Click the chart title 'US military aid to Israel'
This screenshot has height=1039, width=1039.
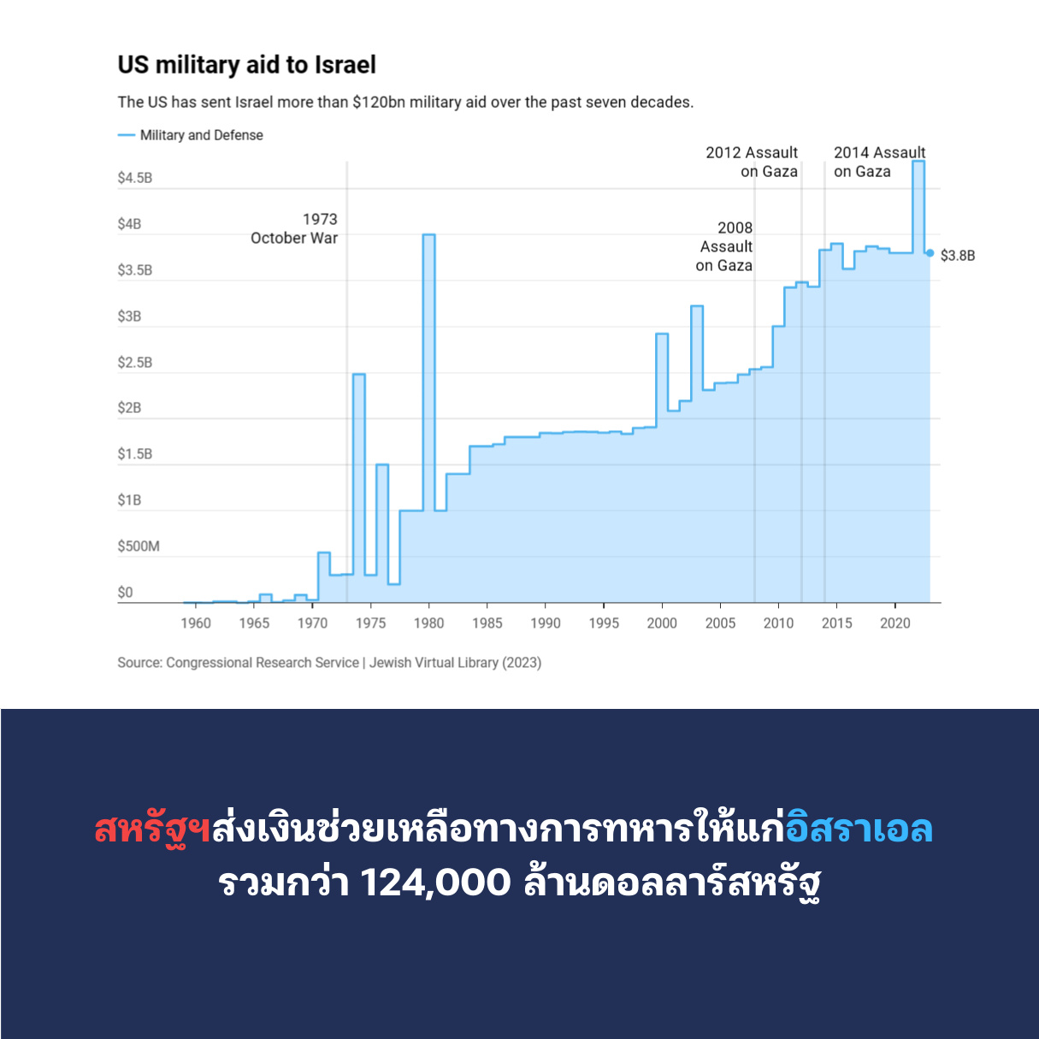[x=246, y=65]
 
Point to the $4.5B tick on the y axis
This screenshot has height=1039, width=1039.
[x=135, y=178]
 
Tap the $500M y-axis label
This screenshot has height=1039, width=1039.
[x=139, y=546]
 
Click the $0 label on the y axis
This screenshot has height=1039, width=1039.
[x=126, y=593]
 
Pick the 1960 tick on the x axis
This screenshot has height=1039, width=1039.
[x=196, y=623]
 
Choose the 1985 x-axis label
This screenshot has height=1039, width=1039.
[x=487, y=623]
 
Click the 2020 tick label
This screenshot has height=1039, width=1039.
[x=895, y=623]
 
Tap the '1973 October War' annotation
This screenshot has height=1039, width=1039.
[x=295, y=229]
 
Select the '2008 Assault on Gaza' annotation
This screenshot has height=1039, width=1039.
[x=725, y=246]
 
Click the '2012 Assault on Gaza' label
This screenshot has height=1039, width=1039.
[x=753, y=162]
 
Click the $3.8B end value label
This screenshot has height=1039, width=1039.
[x=958, y=256]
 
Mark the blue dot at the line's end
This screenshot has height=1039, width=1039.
[x=930, y=253]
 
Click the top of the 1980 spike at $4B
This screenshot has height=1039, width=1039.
[x=428, y=234]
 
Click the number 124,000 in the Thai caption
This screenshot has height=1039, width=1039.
[x=435, y=883]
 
